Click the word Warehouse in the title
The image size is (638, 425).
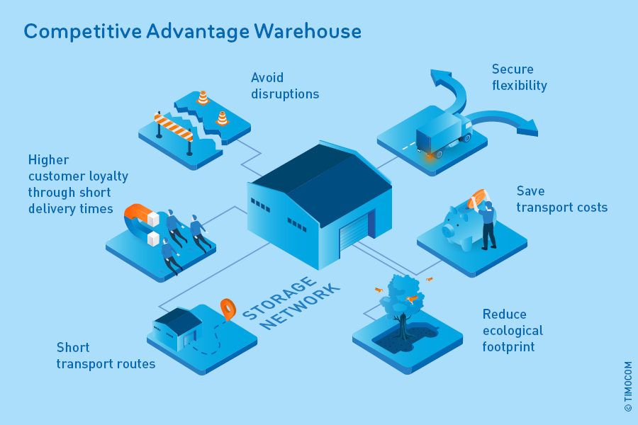pos(308,32)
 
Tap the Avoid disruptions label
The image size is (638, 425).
pos(285,86)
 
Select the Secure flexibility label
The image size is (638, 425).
pos(520,77)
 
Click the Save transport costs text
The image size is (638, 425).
pos(561,199)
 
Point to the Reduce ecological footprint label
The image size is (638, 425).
pos(513,330)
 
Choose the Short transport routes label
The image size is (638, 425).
pos(106,356)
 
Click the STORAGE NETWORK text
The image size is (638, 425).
pos(291,303)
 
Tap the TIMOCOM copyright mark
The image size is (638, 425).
pos(628,387)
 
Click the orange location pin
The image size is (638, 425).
pos(228,308)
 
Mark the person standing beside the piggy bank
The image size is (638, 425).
pos(488,225)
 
